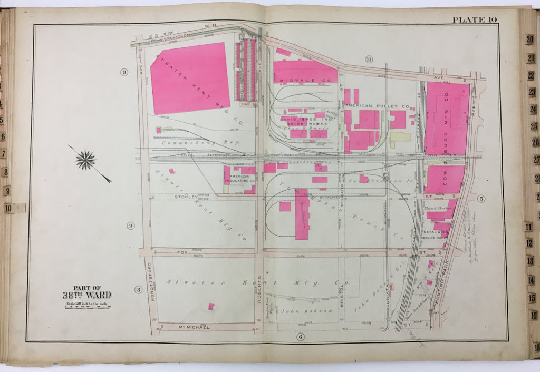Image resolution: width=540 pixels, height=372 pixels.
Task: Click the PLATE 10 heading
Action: click(x=474, y=20)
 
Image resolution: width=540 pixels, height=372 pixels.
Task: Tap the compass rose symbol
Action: click(x=85, y=159)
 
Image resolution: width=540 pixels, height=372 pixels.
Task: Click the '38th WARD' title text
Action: click(x=86, y=295)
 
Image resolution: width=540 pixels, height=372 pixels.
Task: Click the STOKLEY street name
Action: click(x=186, y=197)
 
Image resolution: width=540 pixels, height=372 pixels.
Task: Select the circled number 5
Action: click(x=481, y=199)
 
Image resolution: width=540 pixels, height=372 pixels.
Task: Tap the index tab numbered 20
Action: click(x=529, y=40)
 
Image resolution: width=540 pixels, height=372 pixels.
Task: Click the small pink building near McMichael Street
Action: click(x=211, y=306)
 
